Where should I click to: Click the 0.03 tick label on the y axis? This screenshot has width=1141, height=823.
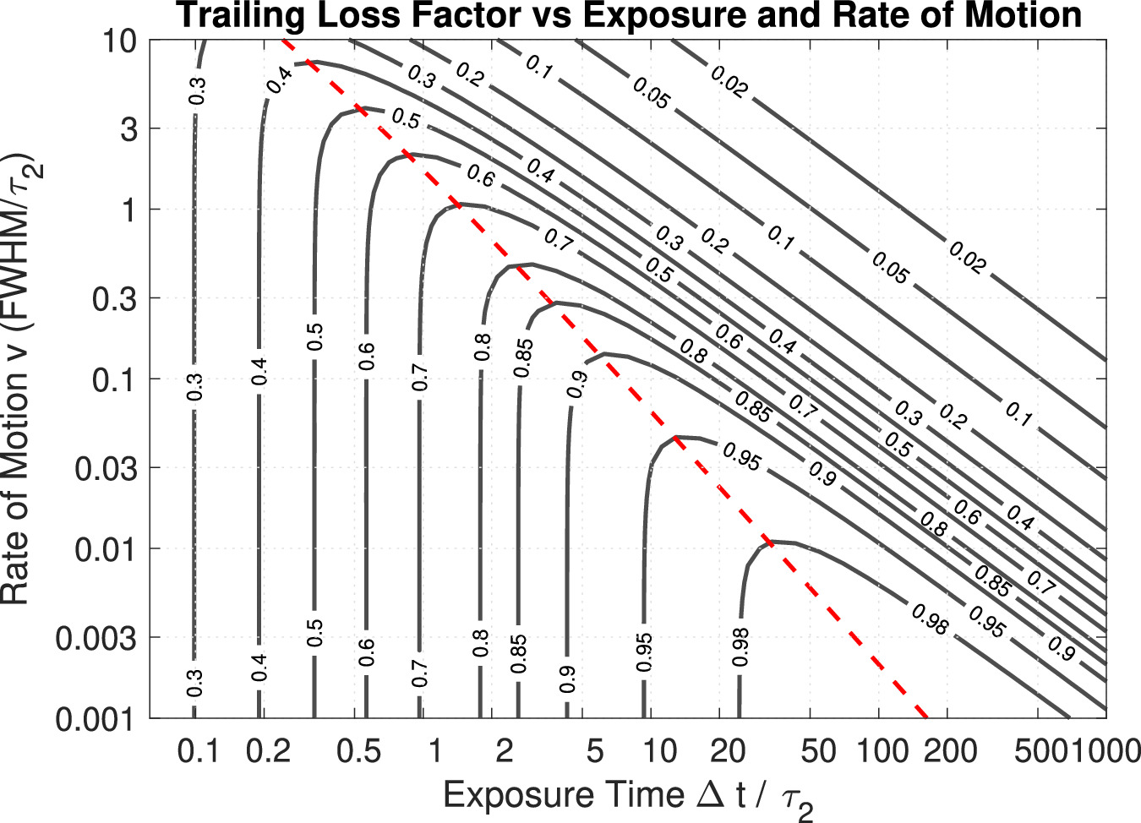pos(106,468)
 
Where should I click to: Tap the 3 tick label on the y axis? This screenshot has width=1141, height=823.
pos(128,129)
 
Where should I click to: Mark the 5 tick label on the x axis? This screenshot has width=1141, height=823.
pos(595,750)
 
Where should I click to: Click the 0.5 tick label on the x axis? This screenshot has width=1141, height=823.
pos(358,750)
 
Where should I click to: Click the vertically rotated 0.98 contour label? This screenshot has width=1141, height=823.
pos(740,648)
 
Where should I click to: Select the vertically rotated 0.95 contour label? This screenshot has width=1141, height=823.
pos(645,651)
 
